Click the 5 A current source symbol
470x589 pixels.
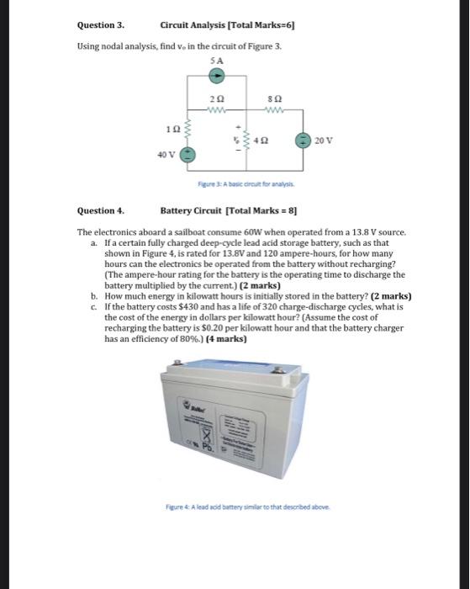tap(216, 75)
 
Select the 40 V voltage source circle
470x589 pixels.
tap(189, 155)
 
